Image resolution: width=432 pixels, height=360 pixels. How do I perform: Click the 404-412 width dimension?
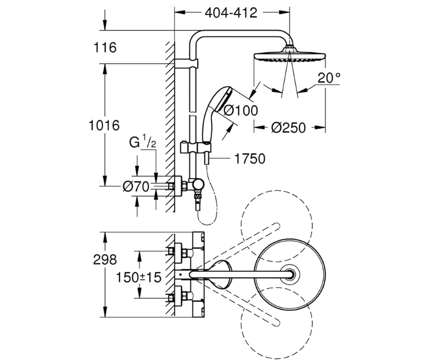(x=231, y=13)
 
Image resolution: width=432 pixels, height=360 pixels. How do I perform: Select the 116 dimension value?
(x=105, y=48)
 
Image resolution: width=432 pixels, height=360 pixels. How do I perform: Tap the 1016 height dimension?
(x=104, y=125)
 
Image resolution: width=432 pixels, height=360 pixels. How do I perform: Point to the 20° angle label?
(x=329, y=78)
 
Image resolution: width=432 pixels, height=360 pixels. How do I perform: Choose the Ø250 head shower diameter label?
(x=288, y=128)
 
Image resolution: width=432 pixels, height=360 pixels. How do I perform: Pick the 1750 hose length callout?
(x=250, y=159)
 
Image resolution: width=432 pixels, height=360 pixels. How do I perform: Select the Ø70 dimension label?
(x=136, y=186)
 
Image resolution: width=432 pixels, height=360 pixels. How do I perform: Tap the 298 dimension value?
(x=105, y=260)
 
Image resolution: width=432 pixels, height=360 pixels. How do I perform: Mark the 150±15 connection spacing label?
(x=139, y=277)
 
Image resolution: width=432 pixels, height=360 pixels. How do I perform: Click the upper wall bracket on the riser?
(x=186, y=63)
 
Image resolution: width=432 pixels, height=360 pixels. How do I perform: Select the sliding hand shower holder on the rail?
(x=196, y=147)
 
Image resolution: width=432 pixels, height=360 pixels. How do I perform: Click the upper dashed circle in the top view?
(x=277, y=226)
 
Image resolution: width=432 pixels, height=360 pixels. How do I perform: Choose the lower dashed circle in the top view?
(x=277, y=323)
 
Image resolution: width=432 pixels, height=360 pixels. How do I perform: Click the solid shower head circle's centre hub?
(x=290, y=275)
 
